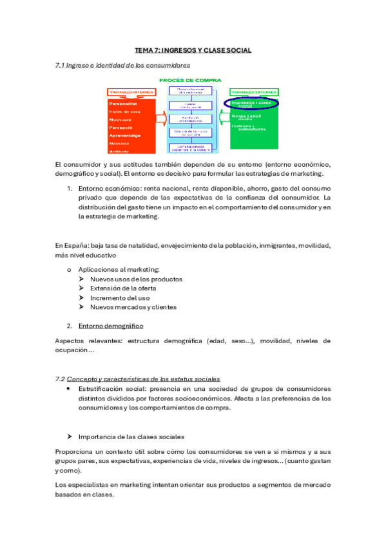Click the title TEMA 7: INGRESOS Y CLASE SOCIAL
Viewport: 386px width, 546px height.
pos(193,50)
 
